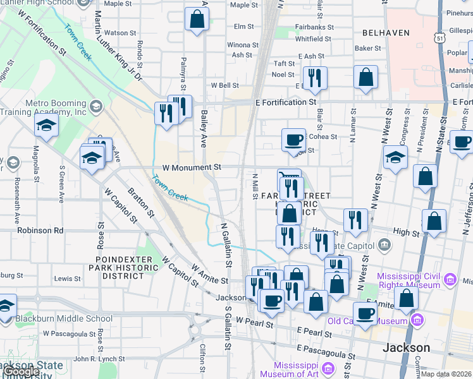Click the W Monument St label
[191, 167]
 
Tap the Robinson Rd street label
[40, 231]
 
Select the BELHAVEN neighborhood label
[386, 32]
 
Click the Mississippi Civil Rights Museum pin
[450, 279]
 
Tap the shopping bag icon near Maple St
[197, 19]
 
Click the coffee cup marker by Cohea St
[293, 140]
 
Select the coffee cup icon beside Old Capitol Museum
[365, 313]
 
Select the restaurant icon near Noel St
[314, 78]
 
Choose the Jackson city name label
[407, 348]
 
